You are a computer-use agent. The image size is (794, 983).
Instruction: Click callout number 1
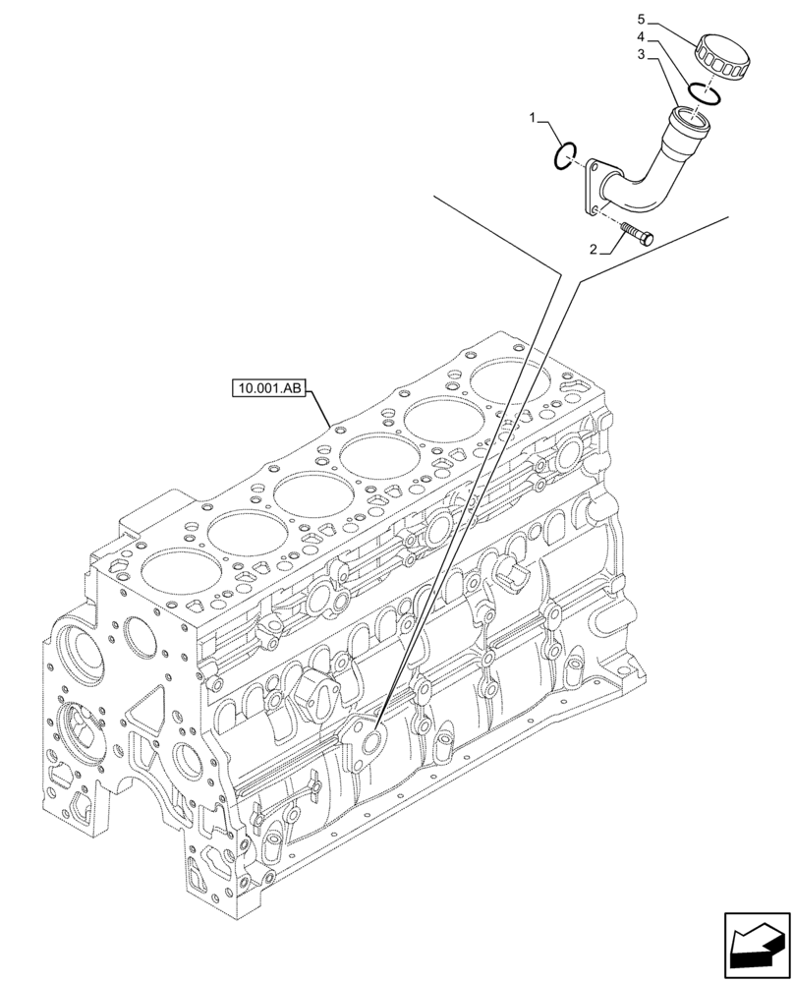click(534, 118)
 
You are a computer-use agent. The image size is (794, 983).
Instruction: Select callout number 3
click(641, 56)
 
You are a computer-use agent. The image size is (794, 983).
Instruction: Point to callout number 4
click(641, 37)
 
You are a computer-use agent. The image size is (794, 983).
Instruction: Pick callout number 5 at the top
click(641, 19)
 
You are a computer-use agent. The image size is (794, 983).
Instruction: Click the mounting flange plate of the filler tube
click(594, 188)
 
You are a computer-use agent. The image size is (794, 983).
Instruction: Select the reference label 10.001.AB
click(270, 389)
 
